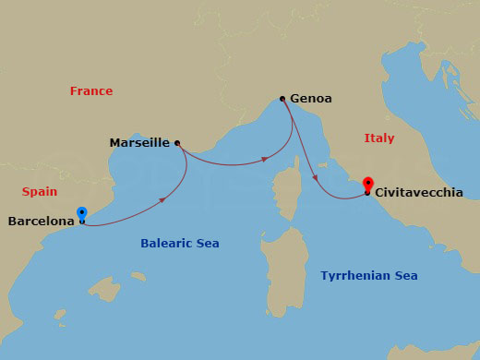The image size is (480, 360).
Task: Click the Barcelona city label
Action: click(x=41, y=222)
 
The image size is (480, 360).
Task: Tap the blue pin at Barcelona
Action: click(x=82, y=212)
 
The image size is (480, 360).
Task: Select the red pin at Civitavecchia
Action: click(x=368, y=184)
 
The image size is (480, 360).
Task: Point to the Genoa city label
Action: click(x=311, y=98)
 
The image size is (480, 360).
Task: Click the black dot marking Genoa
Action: click(x=282, y=98)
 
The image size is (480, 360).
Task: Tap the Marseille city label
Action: click(x=139, y=143)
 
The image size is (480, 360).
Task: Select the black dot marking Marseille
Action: click(x=176, y=143)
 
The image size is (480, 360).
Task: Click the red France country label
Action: click(x=91, y=91)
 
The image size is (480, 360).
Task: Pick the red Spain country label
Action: click(x=40, y=191)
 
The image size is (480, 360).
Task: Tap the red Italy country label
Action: click(x=378, y=138)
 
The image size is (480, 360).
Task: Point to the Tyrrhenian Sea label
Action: click(x=369, y=276)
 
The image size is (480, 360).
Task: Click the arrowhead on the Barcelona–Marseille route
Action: click(x=164, y=198)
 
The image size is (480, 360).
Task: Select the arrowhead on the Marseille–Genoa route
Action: click(x=266, y=159)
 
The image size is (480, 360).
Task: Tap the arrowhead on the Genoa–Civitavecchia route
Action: click(x=316, y=178)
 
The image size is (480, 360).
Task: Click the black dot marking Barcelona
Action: click(x=82, y=222)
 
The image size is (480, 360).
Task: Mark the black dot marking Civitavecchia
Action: click(x=367, y=193)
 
